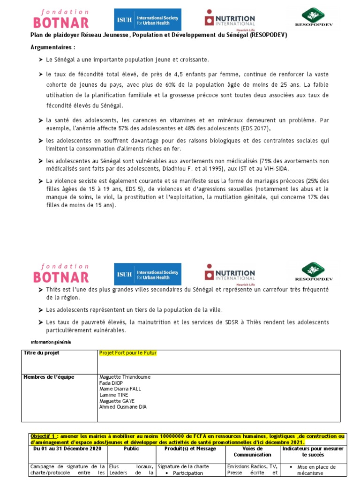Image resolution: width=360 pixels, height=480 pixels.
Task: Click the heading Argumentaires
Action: tap(52, 48)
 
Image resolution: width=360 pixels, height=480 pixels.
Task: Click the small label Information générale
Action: tap(51, 342)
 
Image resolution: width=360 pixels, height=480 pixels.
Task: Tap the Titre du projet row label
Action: tap(42, 353)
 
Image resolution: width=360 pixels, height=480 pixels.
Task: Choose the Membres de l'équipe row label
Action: tap(49, 377)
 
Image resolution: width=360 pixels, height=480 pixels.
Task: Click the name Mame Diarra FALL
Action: tap(120, 389)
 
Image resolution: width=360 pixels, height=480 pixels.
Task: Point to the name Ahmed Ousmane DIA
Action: tap(123, 407)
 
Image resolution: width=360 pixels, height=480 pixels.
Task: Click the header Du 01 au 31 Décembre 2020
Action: tap(68, 449)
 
